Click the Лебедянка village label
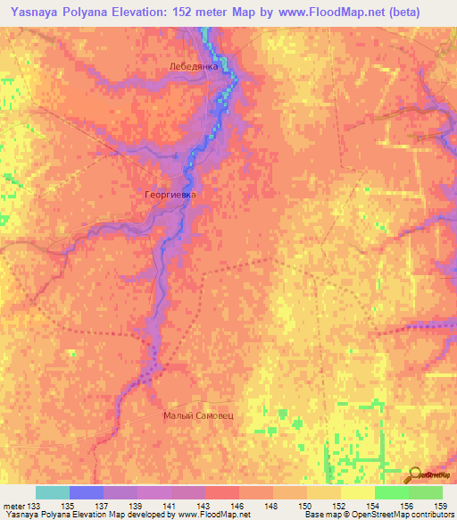190,67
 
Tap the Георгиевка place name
169,193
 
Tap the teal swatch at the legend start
53,492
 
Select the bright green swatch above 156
392,492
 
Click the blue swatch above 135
87,492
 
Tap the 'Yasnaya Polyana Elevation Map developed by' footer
74,515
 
